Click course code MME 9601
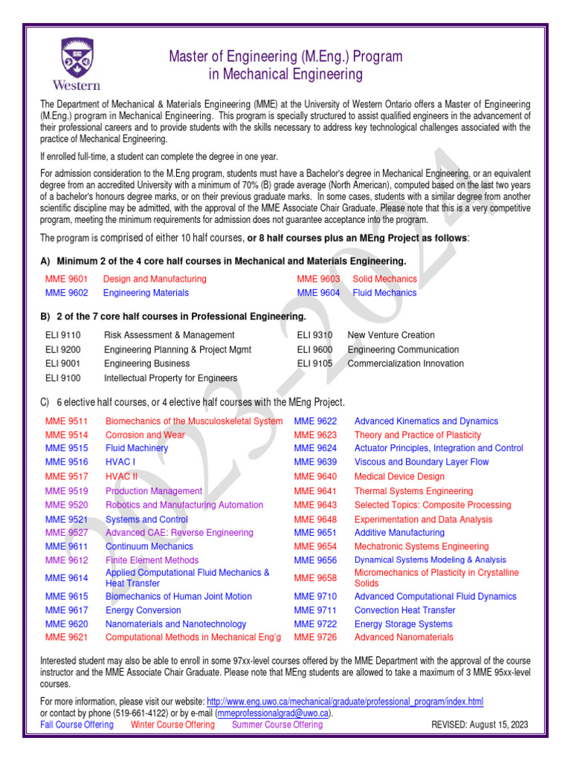[x=67, y=279]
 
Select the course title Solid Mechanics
[x=384, y=279]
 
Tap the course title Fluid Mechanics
[x=384, y=293]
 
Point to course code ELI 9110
[x=63, y=335]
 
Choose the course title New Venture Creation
[x=391, y=335]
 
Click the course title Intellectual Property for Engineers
[x=171, y=378]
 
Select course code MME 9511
[x=67, y=421]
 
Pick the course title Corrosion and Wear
[x=145, y=435]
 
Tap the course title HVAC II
[x=122, y=476]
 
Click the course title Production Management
[x=154, y=491]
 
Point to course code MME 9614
[x=67, y=577]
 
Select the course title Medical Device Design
[x=399, y=476]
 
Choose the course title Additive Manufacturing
[x=399, y=533]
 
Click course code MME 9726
[x=315, y=637]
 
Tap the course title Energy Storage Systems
[x=403, y=624]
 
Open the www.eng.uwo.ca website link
[x=345, y=702]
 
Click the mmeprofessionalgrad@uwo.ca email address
[x=273, y=713]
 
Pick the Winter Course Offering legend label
[x=172, y=725]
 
